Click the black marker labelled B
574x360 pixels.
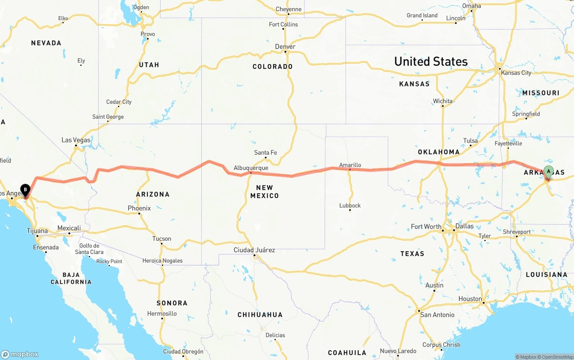(25, 191)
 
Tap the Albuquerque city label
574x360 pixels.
(251, 168)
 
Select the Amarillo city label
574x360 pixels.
(350, 165)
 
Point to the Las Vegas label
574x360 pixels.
(76, 140)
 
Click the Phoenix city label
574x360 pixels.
(139, 208)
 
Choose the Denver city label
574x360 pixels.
(285, 47)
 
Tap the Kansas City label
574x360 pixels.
(516, 73)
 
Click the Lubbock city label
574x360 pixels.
(350, 206)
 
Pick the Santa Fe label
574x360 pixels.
(265, 153)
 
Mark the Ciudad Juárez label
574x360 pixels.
(254, 250)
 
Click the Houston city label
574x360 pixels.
(470, 299)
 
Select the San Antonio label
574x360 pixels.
(438, 315)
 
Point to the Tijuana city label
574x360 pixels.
(37, 231)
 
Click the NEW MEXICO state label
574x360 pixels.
(265, 191)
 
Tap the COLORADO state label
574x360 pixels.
(273, 67)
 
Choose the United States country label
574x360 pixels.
(430, 61)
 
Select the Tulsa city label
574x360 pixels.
(470, 141)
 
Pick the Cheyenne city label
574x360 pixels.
(288, 9)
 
